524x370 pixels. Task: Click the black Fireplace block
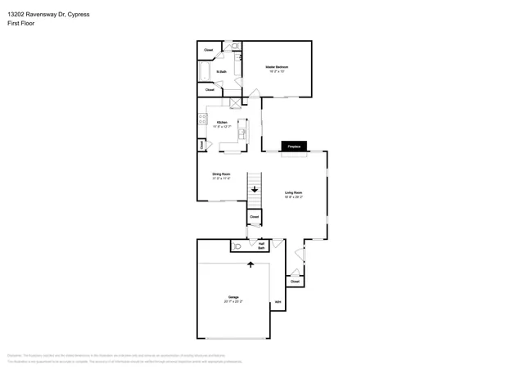click(292, 147)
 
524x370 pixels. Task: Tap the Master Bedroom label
click(276, 69)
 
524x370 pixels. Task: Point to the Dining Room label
click(221, 175)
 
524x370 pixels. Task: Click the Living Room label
click(293, 195)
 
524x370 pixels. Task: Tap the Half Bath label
click(261, 245)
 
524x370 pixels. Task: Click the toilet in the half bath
click(238, 245)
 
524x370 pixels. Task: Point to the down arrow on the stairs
click(255, 189)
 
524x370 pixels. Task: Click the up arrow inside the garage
click(251, 264)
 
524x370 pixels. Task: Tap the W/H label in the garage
click(278, 304)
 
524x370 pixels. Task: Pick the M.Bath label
click(221, 73)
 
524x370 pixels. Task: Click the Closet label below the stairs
click(255, 217)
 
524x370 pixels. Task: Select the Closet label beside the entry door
click(295, 281)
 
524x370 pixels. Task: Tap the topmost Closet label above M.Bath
click(209, 50)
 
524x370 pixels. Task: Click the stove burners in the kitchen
click(201, 120)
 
